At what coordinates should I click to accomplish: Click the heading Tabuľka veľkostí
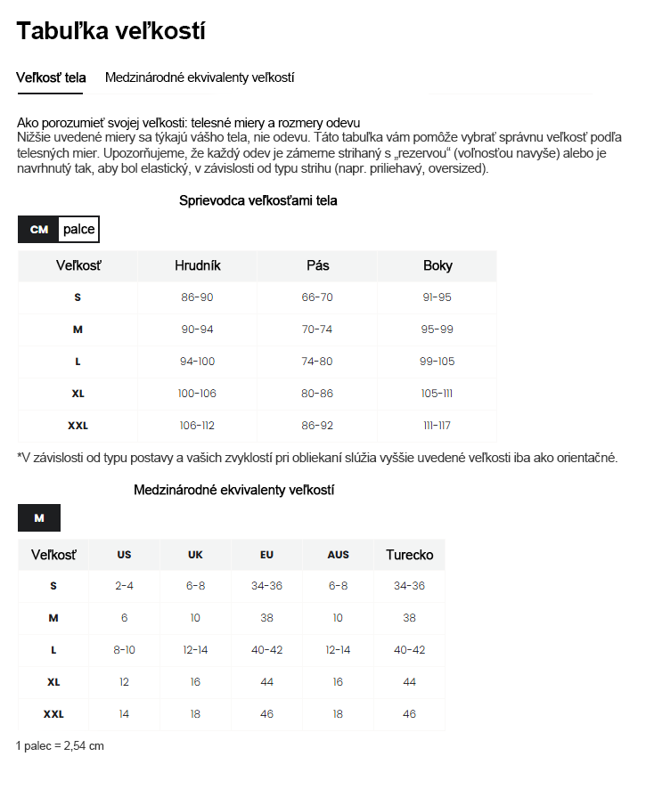111,31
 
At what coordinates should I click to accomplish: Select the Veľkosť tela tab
51,77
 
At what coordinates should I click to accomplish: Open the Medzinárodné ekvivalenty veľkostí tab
200,77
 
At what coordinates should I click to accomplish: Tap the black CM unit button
38,230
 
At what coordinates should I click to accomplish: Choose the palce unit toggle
78,230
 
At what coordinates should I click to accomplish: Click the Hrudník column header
198,265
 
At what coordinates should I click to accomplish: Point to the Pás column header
317,265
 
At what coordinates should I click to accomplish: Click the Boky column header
437,265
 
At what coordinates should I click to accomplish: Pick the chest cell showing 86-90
198,297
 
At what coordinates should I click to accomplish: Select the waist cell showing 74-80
317,362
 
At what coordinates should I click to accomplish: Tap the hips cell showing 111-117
437,426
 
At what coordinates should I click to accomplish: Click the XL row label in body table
78,394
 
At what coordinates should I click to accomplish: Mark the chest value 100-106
198,394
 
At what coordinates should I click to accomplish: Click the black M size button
39,518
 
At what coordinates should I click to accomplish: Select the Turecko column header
409,555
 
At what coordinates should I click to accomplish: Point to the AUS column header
339,555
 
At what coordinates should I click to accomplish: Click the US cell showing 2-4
124,586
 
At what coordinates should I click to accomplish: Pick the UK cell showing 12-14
196,650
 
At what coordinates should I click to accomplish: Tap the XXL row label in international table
53,714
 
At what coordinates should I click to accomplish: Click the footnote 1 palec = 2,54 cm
61,745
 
